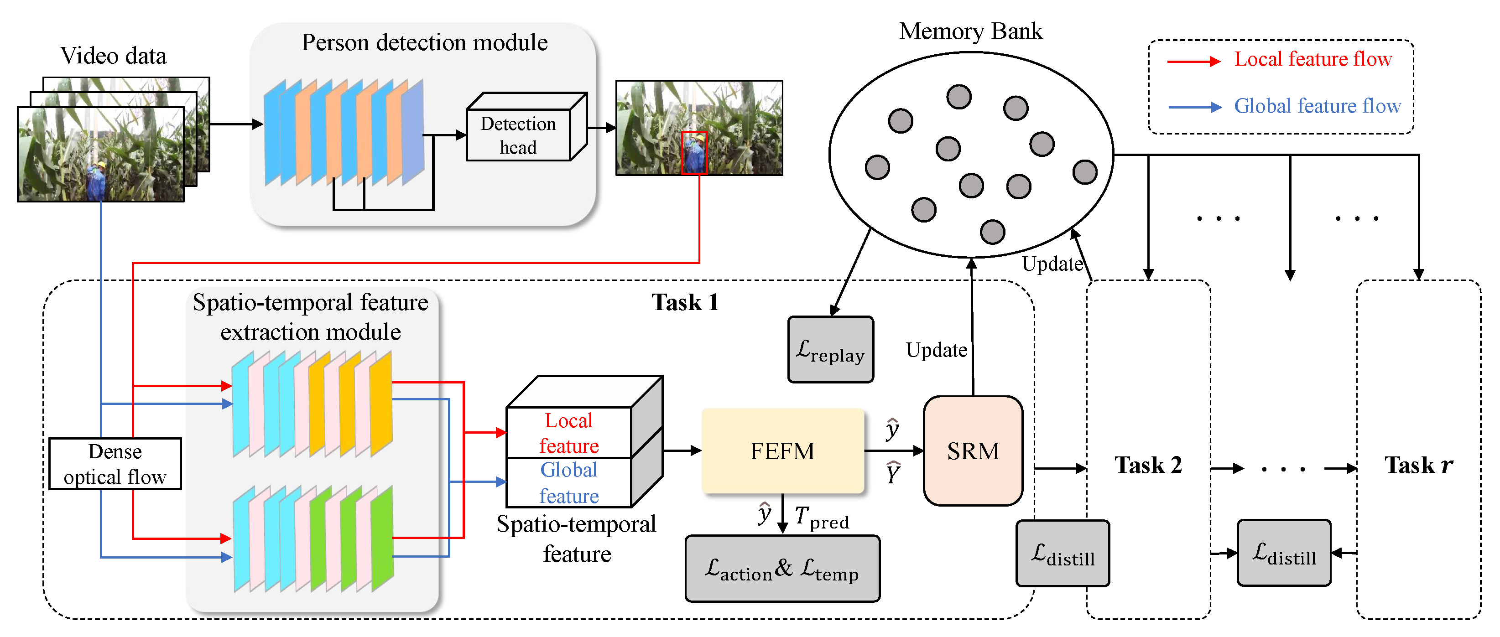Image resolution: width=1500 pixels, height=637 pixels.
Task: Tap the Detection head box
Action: click(518, 135)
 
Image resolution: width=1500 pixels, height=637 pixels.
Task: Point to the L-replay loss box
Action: click(830, 350)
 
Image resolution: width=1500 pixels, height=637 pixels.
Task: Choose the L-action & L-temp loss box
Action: click(782, 568)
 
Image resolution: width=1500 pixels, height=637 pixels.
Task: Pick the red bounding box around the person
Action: click(693, 153)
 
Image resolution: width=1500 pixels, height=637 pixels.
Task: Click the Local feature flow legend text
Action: click(1312, 59)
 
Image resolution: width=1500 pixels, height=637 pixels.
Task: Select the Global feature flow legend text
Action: click(1317, 106)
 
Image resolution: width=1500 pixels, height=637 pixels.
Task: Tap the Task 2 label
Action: click(1148, 465)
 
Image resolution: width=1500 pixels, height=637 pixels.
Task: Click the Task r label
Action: click(1418, 465)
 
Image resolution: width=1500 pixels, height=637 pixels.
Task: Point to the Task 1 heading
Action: click(685, 302)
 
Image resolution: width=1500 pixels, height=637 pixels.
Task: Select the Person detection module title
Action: click(424, 42)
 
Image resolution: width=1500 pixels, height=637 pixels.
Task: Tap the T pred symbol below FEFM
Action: click(822, 518)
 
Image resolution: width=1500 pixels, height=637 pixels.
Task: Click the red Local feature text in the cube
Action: click(569, 433)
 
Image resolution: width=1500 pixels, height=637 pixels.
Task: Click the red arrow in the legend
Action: click(1194, 61)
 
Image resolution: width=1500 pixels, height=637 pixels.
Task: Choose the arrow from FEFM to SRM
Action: click(894, 451)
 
